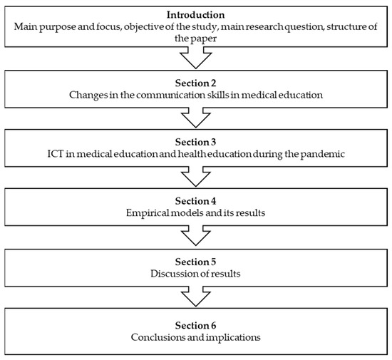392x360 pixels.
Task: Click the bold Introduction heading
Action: (x=195, y=14)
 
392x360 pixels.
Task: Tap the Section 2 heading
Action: (x=195, y=78)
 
